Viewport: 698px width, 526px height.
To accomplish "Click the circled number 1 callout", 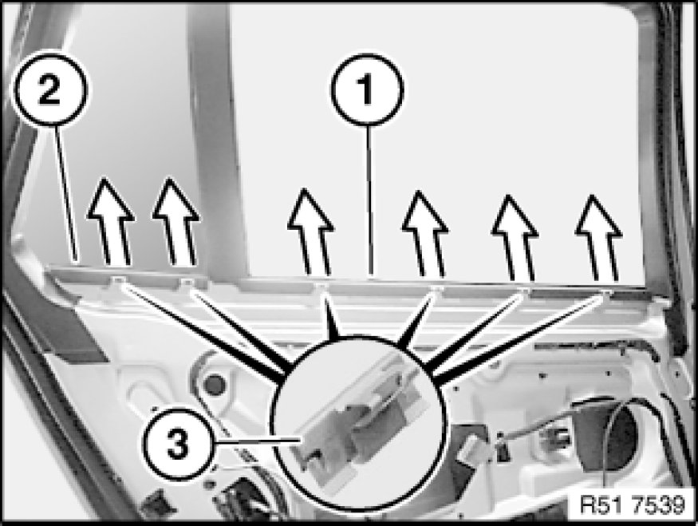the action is coord(367,89).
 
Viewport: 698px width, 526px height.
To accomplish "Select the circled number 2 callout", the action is coord(51,89).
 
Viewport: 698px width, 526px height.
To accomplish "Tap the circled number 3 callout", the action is coord(178,443).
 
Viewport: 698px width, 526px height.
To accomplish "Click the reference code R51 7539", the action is coord(632,504).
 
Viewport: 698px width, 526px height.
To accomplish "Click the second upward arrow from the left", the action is coord(177,222).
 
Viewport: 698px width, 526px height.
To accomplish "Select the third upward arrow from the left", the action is coord(312,232).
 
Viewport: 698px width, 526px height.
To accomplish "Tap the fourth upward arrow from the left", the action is coord(425,234).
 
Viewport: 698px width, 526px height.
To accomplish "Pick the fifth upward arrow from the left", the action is coord(515,239).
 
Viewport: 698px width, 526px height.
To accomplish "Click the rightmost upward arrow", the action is coord(599,239).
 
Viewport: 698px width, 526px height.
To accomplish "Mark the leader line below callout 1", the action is coord(369,200).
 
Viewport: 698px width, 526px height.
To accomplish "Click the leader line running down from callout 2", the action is coord(66,193).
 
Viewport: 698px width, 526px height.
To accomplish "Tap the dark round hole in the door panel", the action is coord(214,384).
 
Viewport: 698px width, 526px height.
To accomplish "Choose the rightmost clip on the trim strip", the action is coord(605,292).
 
